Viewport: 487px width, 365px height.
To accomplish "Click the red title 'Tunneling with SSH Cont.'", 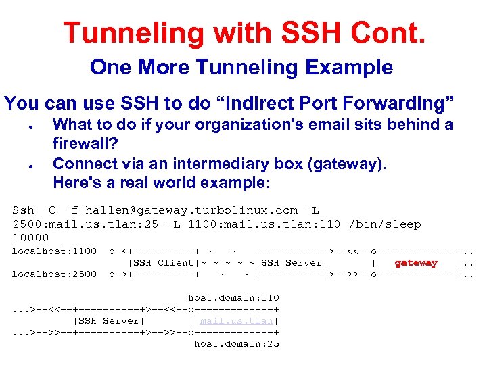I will [243, 32].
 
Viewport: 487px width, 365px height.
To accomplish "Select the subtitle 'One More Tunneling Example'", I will [241, 68].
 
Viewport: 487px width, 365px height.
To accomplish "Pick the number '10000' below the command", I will [30, 238].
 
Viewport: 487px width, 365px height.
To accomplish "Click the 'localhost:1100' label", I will [55, 251].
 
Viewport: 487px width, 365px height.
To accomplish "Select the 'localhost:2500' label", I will [55, 274].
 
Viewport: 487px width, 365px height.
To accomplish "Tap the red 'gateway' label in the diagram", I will [416, 263].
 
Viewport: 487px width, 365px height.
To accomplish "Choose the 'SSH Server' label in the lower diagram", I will [109, 321].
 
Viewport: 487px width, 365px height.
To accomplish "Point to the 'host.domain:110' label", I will [233, 297].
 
